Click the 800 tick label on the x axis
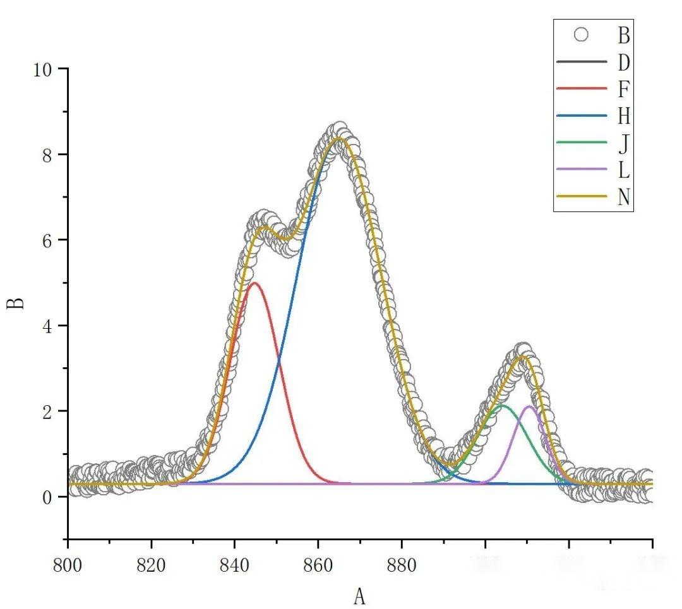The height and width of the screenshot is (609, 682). [x=68, y=565]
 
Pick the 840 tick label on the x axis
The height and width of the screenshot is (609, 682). [x=235, y=565]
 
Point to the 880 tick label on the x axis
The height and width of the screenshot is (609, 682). [x=402, y=565]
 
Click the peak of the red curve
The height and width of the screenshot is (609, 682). [x=254, y=283]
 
